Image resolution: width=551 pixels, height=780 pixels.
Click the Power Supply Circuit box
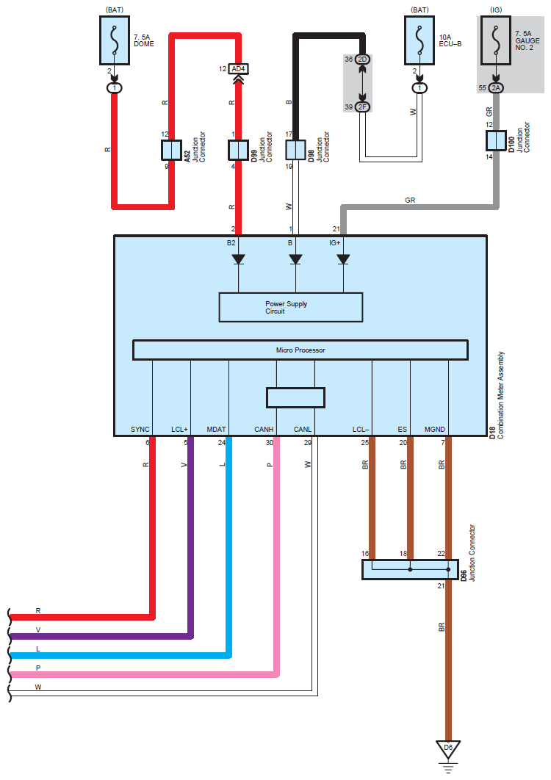(x=290, y=307)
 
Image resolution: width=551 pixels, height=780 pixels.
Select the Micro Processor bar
(x=300, y=350)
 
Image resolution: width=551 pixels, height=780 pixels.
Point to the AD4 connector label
(x=237, y=69)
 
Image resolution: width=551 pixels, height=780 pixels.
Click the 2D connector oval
(x=362, y=59)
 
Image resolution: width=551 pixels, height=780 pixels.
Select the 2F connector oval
(x=362, y=107)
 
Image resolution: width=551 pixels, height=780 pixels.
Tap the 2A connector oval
(x=496, y=88)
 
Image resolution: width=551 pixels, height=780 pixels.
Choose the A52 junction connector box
(x=171, y=150)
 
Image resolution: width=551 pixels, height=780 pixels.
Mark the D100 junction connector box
(x=496, y=140)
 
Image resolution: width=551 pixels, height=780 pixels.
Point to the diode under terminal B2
(x=238, y=259)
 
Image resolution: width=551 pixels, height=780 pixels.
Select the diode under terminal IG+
(x=342, y=259)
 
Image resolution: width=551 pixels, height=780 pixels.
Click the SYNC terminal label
(x=140, y=429)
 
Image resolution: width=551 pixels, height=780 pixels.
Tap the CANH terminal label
(x=264, y=429)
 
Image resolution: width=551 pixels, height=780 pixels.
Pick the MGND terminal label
(x=435, y=429)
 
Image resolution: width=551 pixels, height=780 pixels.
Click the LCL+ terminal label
(x=180, y=429)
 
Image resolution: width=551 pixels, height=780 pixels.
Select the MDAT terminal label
(x=217, y=429)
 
